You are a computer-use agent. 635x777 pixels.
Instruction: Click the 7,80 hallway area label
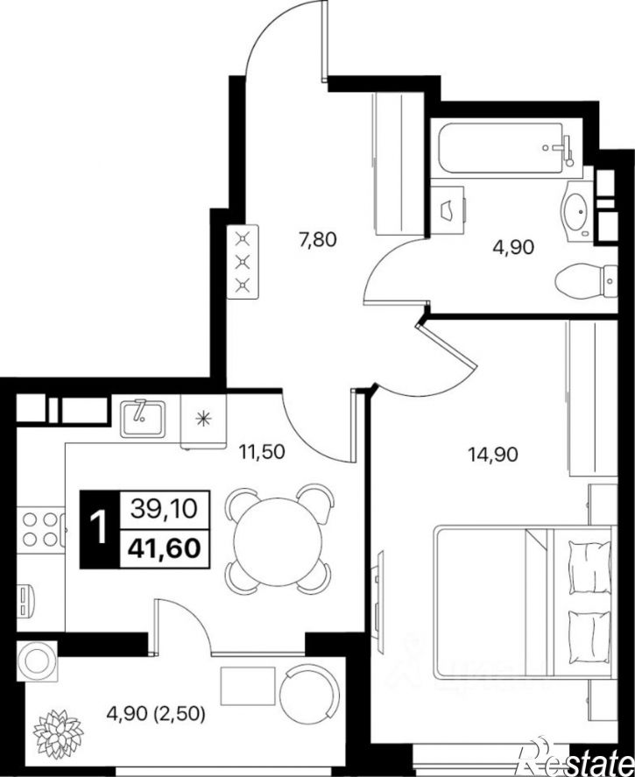pyautogui.click(x=317, y=240)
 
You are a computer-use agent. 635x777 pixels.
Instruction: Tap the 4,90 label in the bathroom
pyautogui.click(x=513, y=247)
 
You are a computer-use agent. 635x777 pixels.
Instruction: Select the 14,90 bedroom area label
pyautogui.click(x=493, y=454)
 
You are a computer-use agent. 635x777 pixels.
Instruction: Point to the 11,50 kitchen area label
pyautogui.click(x=262, y=451)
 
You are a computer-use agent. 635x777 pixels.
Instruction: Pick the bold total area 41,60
pyautogui.click(x=165, y=548)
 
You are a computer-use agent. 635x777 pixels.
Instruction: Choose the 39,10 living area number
pyautogui.click(x=165, y=508)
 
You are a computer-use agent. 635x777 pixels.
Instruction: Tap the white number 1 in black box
pyautogui.click(x=100, y=528)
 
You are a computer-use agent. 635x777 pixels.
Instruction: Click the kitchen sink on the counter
pyautogui.click(x=143, y=418)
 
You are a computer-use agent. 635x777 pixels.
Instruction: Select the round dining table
pyautogui.click(x=279, y=538)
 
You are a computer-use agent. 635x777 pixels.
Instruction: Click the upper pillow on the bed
pyautogui.click(x=589, y=567)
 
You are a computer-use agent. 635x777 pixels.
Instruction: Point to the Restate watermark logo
pyautogui.click(x=575, y=759)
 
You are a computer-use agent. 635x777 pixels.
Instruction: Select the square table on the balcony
pyautogui.click(x=248, y=686)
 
